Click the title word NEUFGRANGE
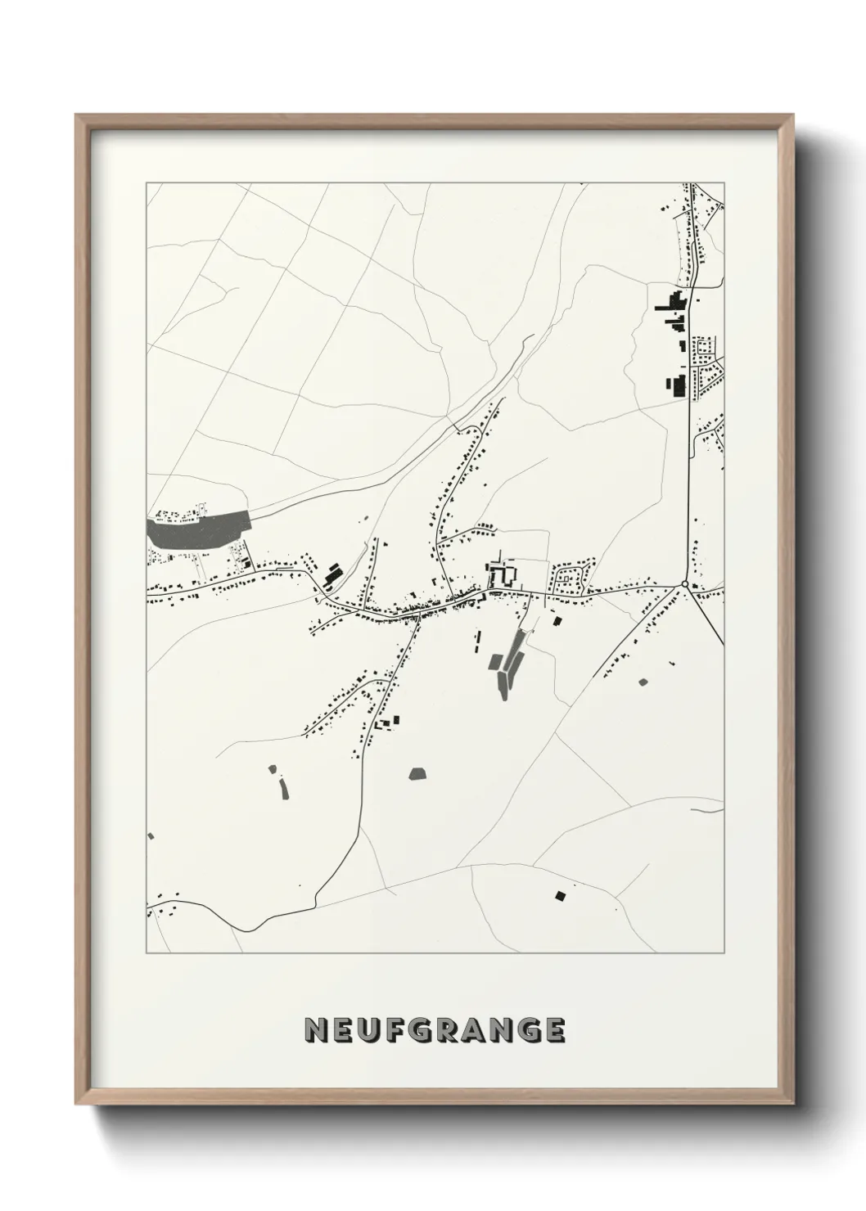[434, 1030]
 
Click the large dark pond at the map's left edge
[196, 530]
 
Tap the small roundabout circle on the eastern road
[684, 583]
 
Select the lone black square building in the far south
[560, 894]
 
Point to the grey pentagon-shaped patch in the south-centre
[417, 773]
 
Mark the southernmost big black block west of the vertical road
[677, 385]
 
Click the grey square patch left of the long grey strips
[496, 661]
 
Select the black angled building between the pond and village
[332, 574]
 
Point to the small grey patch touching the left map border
[151, 835]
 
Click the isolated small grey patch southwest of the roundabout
[642, 681]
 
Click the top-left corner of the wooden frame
[76, 115]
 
